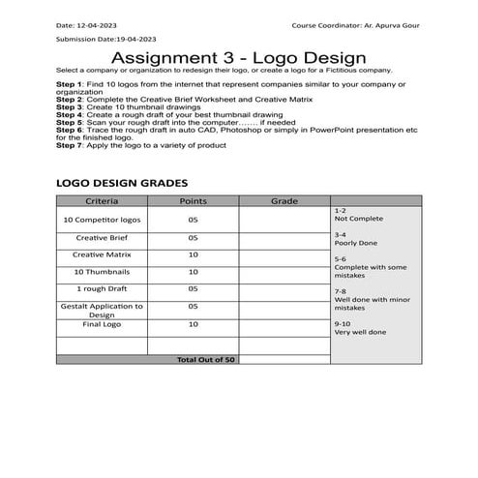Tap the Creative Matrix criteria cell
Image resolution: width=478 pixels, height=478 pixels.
point(102,254)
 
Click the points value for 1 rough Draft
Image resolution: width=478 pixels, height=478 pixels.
point(194,288)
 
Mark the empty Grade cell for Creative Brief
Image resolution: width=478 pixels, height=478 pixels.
point(284,237)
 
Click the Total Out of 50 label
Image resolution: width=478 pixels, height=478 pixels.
point(205,359)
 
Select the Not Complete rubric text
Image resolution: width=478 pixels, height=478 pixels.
point(353,219)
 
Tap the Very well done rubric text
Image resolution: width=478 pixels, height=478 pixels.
point(360,332)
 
